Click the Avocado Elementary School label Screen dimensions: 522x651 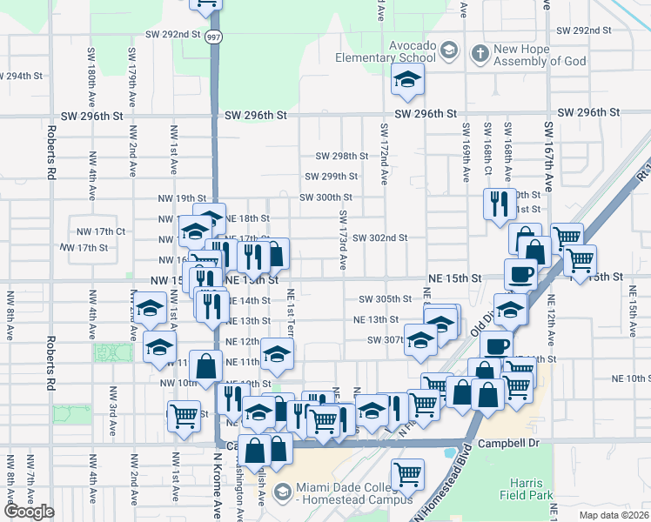click(x=386, y=51)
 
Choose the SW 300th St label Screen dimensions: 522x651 click(x=325, y=197)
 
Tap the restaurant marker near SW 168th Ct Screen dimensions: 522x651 click(x=498, y=204)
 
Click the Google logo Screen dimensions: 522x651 click(x=30, y=512)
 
